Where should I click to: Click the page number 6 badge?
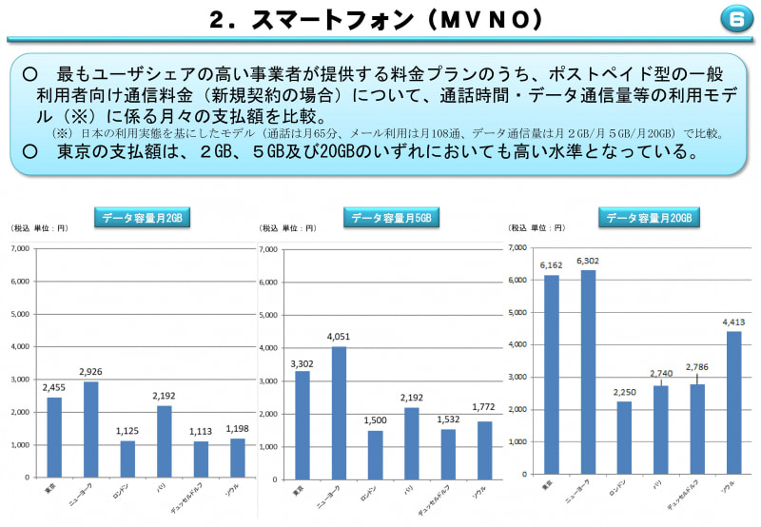coord(734,18)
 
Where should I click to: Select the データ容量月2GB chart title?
coord(143,218)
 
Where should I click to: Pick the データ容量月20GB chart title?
coord(648,218)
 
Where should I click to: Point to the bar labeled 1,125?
coord(128,459)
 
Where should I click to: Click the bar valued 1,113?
coord(201,459)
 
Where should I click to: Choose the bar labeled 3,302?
coord(302,423)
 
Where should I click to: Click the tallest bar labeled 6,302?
coord(588,372)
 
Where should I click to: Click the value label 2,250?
coord(624,392)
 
